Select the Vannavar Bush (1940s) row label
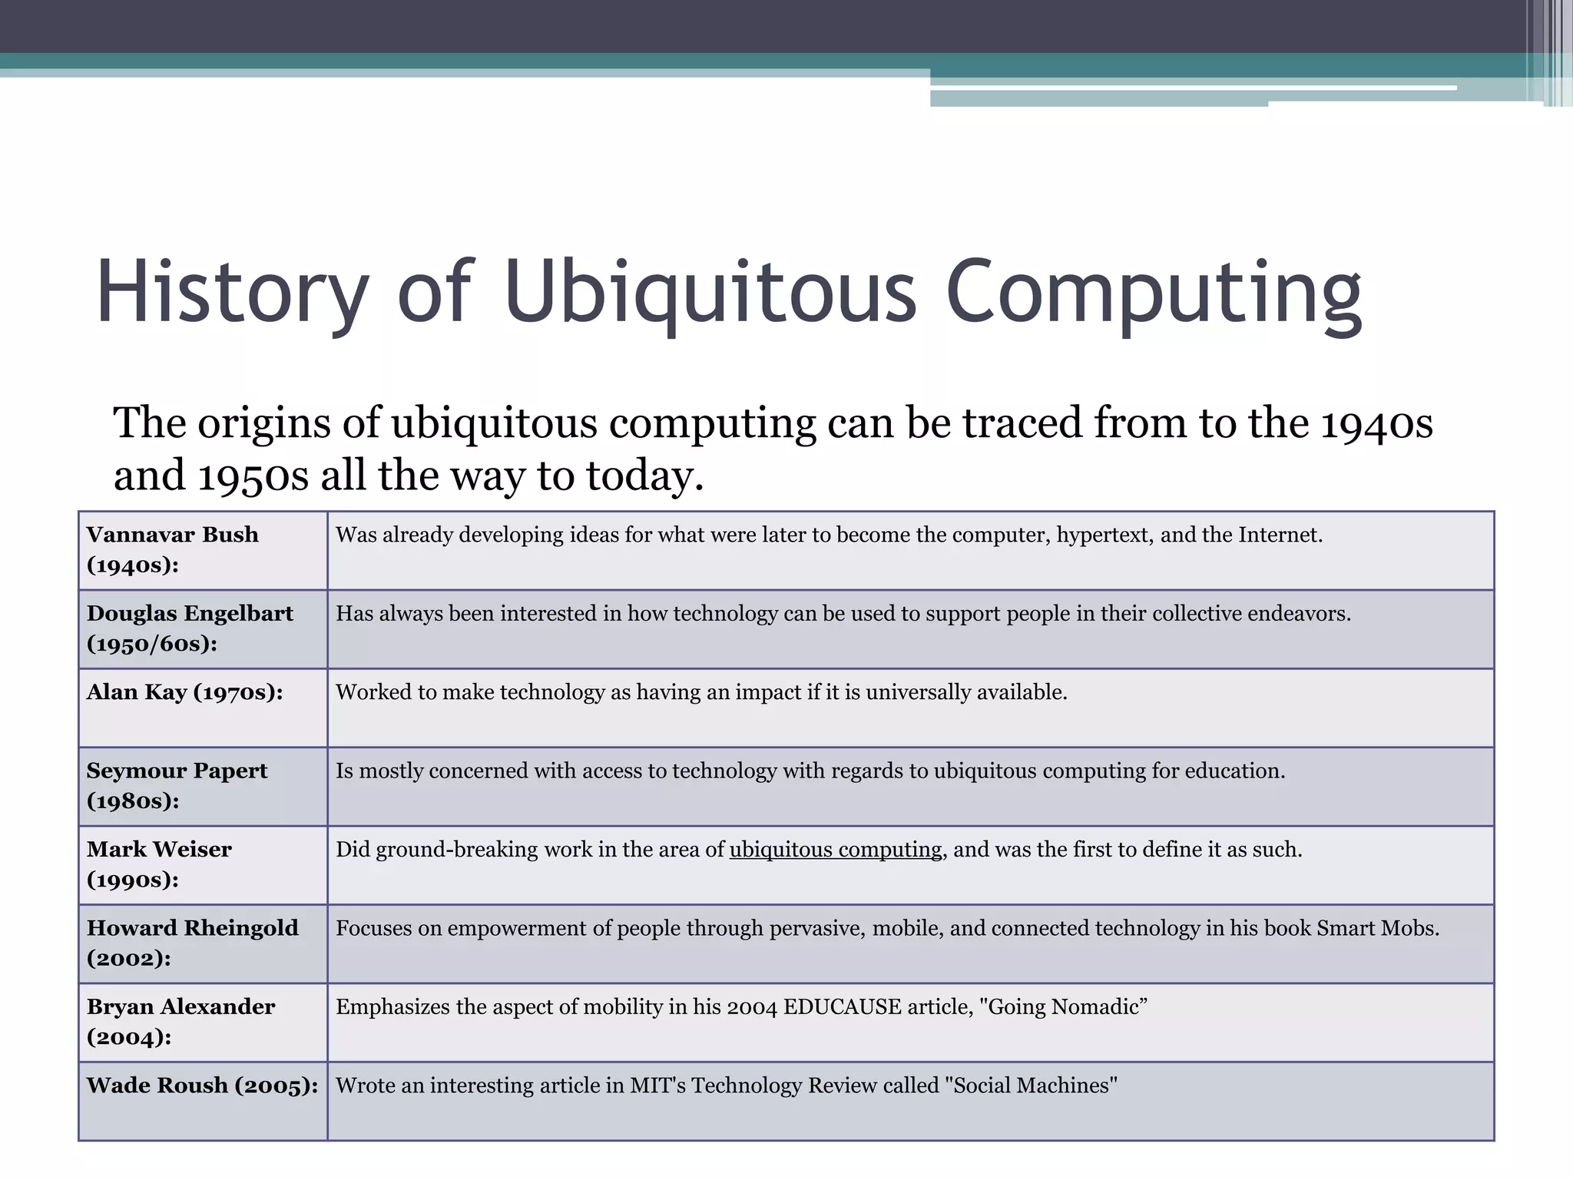pyautogui.click(x=173, y=549)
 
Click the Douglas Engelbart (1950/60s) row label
pyautogui.click(x=190, y=628)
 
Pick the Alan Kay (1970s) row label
pyautogui.click(x=184, y=692)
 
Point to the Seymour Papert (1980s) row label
pyautogui.click(x=177, y=785)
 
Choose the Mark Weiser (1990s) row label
pyautogui.click(x=159, y=863)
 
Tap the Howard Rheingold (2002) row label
pyautogui.click(x=192, y=943)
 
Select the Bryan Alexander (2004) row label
pyautogui.click(x=180, y=1021)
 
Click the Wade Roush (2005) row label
pyautogui.click(x=202, y=1086)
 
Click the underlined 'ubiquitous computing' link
pyautogui.click(x=835, y=850)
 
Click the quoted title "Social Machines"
pyautogui.click(x=1030, y=1086)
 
